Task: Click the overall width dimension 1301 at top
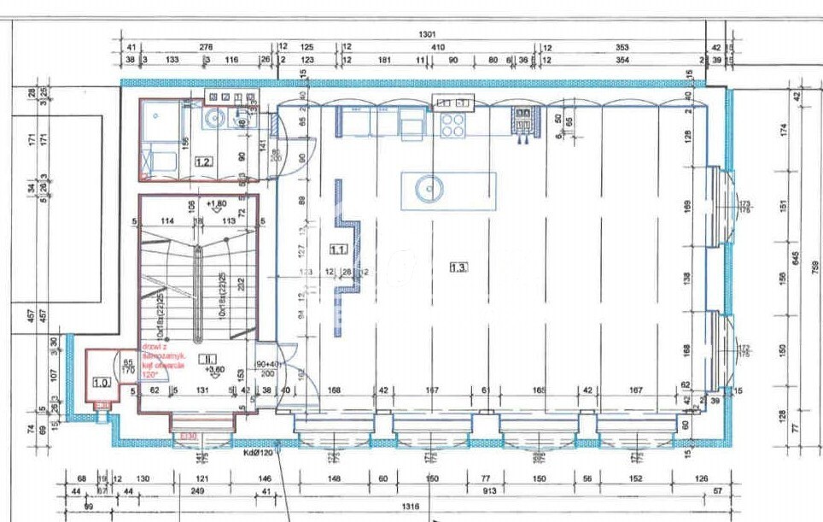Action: point(427,34)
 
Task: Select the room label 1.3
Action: point(459,267)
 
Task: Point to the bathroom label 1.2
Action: point(203,160)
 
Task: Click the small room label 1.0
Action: point(102,383)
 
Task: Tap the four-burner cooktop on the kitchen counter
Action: point(452,126)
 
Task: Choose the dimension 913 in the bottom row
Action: point(491,492)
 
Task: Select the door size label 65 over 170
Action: point(128,366)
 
